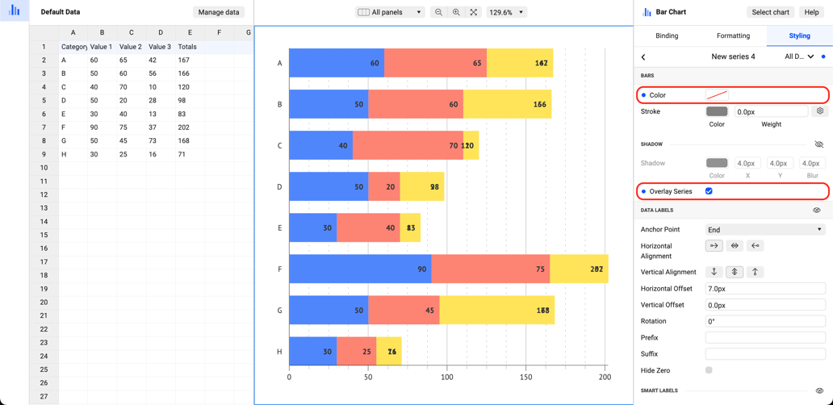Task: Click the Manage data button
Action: tap(219, 12)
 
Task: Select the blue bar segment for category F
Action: tap(359, 269)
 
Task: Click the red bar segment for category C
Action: tap(408, 145)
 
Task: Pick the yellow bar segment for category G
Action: tap(496, 310)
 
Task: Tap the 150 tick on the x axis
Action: tap(525, 377)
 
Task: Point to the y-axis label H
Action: tap(279, 352)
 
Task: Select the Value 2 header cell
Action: tap(130, 47)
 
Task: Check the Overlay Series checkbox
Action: tap(709, 191)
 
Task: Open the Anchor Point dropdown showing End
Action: tap(764, 229)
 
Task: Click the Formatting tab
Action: tap(733, 35)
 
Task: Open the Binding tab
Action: tap(667, 35)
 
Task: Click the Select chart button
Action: tap(770, 12)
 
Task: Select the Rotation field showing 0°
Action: tap(764, 321)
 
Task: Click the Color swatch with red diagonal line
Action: tap(717, 95)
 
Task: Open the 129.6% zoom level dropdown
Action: tap(505, 12)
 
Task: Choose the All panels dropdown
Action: tap(390, 12)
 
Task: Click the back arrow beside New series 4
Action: tap(643, 57)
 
